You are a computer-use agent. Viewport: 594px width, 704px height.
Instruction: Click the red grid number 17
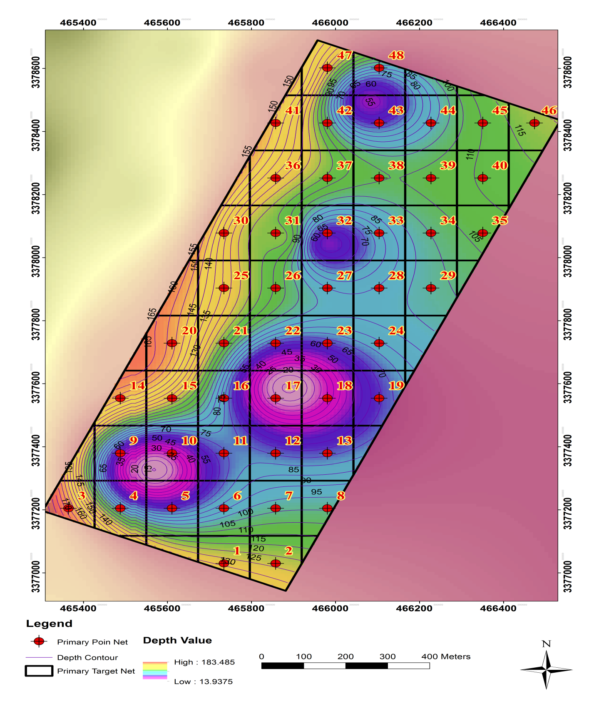point(293,386)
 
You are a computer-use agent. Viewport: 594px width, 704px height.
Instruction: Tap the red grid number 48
point(396,55)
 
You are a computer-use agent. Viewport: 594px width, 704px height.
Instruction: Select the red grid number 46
point(549,110)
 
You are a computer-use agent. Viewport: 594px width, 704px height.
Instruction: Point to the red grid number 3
point(82,496)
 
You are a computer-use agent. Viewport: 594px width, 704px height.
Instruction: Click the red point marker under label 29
point(431,288)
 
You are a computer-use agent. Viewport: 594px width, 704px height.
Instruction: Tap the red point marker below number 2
point(276,564)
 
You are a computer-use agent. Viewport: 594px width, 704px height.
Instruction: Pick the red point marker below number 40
point(482,178)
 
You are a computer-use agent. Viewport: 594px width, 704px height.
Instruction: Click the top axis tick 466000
point(330,23)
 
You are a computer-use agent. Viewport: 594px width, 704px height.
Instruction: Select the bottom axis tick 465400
point(78,608)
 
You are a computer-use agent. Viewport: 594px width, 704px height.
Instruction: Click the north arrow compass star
point(546,669)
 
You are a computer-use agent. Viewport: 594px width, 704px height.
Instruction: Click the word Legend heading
point(49,624)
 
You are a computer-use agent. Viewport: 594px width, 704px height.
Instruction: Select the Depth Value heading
point(177,640)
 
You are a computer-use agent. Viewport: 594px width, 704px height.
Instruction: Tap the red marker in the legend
point(39,641)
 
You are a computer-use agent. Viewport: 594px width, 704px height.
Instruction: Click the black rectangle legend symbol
point(39,671)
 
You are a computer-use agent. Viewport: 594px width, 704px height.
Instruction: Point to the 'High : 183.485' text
point(204,662)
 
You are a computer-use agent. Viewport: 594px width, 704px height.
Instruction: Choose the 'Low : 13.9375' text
point(203,681)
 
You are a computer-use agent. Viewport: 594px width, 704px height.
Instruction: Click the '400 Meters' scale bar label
point(445,656)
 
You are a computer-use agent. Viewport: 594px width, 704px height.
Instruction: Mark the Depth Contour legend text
point(87,657)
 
